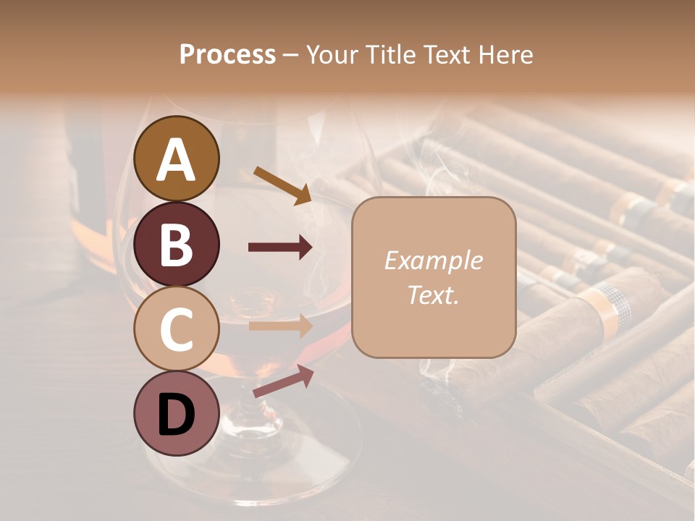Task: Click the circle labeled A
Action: click(x=177, y=158)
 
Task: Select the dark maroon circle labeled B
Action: click(x=177, y=244)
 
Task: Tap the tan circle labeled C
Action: click(x=177, y=329)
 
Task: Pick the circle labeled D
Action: click(x=177, y=414)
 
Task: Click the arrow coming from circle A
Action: click(x=282, y=185)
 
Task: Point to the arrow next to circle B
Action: click(x=280, y=247)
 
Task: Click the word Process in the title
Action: click(x=227, y=54)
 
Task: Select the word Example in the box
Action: click(x=433, y=260)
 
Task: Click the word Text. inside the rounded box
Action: click(x=433, y=295)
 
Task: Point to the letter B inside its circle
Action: click(x=177, y=245)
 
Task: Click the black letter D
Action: click(x=177, y=415)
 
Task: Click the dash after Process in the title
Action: click(x=291, y=55)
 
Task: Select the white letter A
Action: click(x=177, y=159)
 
